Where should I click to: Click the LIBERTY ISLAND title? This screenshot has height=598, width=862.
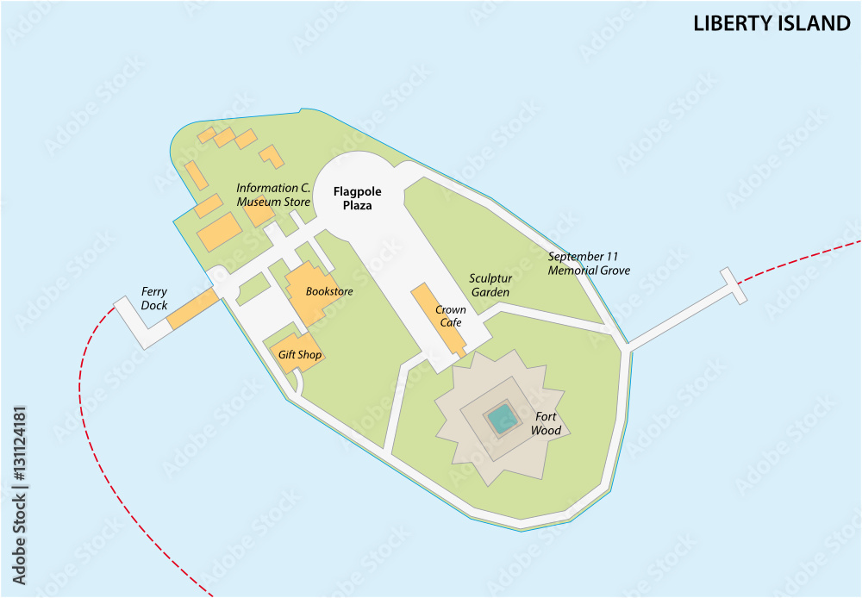(771, 23)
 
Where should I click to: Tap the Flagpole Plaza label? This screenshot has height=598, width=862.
(358, 198)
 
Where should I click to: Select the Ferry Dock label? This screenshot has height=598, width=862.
(154, 298)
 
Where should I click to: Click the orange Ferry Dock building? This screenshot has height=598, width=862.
(192, 309)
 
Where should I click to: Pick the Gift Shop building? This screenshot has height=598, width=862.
(298, 352)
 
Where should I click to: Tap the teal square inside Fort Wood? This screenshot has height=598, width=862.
(502, 420)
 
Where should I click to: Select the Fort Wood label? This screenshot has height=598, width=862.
(547, 423)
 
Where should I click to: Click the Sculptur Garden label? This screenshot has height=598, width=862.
(490, 285)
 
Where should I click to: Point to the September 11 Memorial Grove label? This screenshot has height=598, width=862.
(589, 263)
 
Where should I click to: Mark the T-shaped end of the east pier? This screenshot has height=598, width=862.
(734, 285)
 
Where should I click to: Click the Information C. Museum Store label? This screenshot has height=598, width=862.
(273, 195)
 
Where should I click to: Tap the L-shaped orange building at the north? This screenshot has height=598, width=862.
(272, 156)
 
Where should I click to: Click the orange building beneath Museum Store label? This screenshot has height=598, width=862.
(258, 211)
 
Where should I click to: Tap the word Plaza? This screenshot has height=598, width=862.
(357, 206)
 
